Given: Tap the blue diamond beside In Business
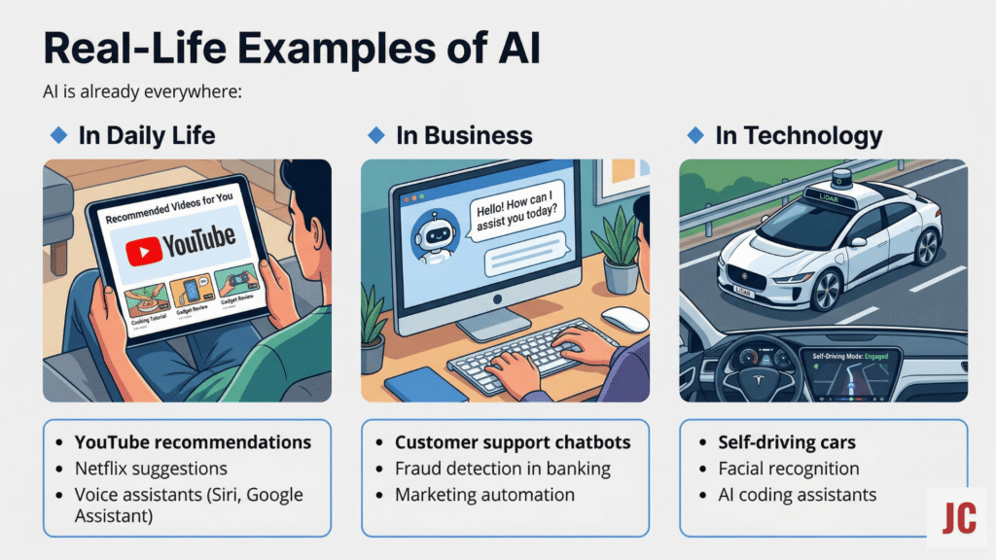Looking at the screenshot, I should tap(375, 135).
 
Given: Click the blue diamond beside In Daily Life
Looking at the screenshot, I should tap(57, 135).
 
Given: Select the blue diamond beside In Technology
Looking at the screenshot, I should tap(694, 135).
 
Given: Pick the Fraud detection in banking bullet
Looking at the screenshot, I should tap(502, 469).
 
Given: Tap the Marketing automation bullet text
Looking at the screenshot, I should tap(484, 495).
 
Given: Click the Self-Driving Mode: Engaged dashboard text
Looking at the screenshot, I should tap(850, 358).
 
